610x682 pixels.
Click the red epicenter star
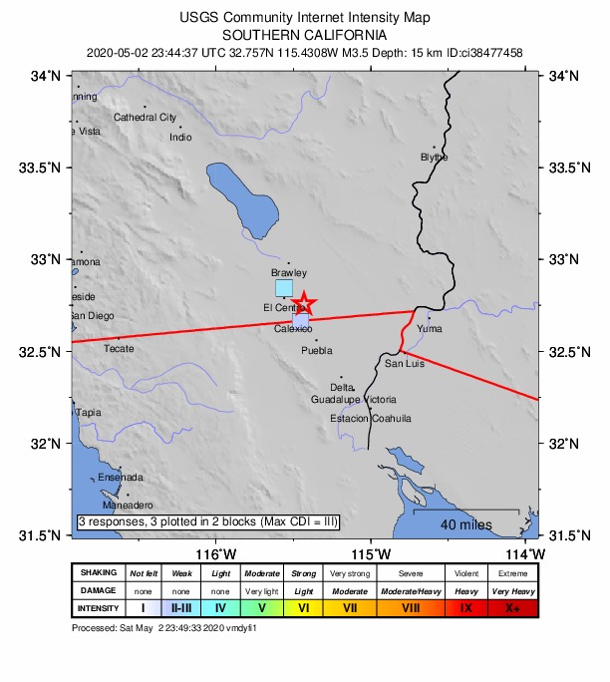[304, 304]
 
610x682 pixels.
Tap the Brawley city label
[289, 272]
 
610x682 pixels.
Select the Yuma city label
[430, 328]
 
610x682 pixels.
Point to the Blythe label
[435, 158]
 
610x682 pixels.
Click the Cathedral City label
[145, 117]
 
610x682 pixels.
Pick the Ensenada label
[121, 477]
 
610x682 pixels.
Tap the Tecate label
[119, 348]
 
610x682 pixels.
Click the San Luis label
[405, 363]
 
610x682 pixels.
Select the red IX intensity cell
[464, 607]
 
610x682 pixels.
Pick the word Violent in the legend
[464, 573]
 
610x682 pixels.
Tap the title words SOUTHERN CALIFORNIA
[306, 34]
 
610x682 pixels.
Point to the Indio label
[180, 137]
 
